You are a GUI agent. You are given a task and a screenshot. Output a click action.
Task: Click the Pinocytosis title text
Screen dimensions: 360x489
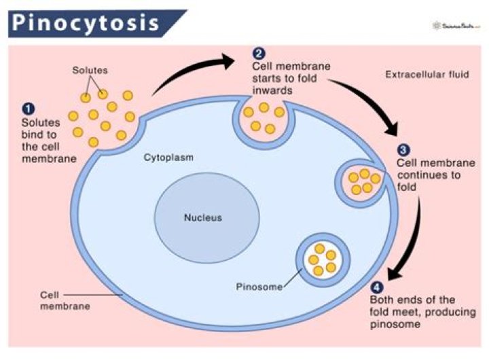(x=86, y=23)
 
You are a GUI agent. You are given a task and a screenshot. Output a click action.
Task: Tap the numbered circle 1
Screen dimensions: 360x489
(x=28, y=108)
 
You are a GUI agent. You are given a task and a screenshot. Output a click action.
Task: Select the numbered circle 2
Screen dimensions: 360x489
(x=258, y=54)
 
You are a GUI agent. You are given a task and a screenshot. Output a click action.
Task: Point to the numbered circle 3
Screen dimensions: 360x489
(x=403, y=150)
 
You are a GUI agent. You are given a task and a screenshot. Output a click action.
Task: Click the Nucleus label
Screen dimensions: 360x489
(x=203, y=218)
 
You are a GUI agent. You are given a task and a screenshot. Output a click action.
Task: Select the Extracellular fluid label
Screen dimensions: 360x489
(x=426, y=74)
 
